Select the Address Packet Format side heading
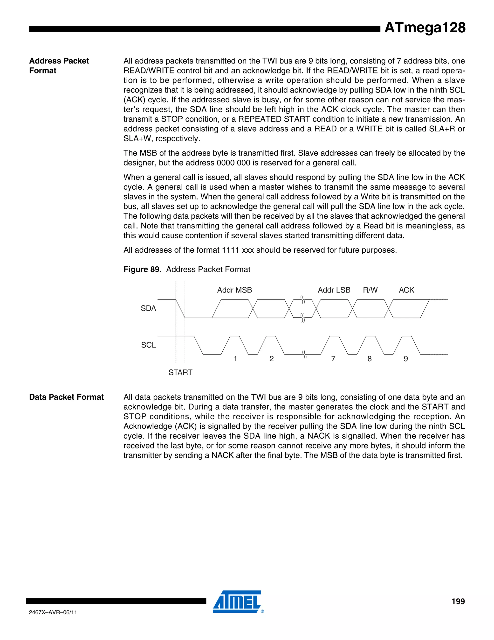click(59, 65)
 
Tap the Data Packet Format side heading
click(66, 397)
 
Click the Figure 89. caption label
click(142, 269)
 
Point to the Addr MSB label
click(234, 290)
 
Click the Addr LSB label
click(334, 290)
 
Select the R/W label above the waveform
click(370, 290)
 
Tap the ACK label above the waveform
click(406, 290)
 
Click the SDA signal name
click(148, 308)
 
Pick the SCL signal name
click(148, 345)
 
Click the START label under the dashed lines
click(180, 372)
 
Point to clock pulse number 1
click(235, 359)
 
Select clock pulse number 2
click(272, 359)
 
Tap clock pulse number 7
click(333, 359)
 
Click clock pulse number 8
click(370, 359)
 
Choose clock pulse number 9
click(406, 359)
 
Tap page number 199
click(458, 601)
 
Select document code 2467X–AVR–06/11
click(53, 612)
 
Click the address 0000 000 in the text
click(233, 163)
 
